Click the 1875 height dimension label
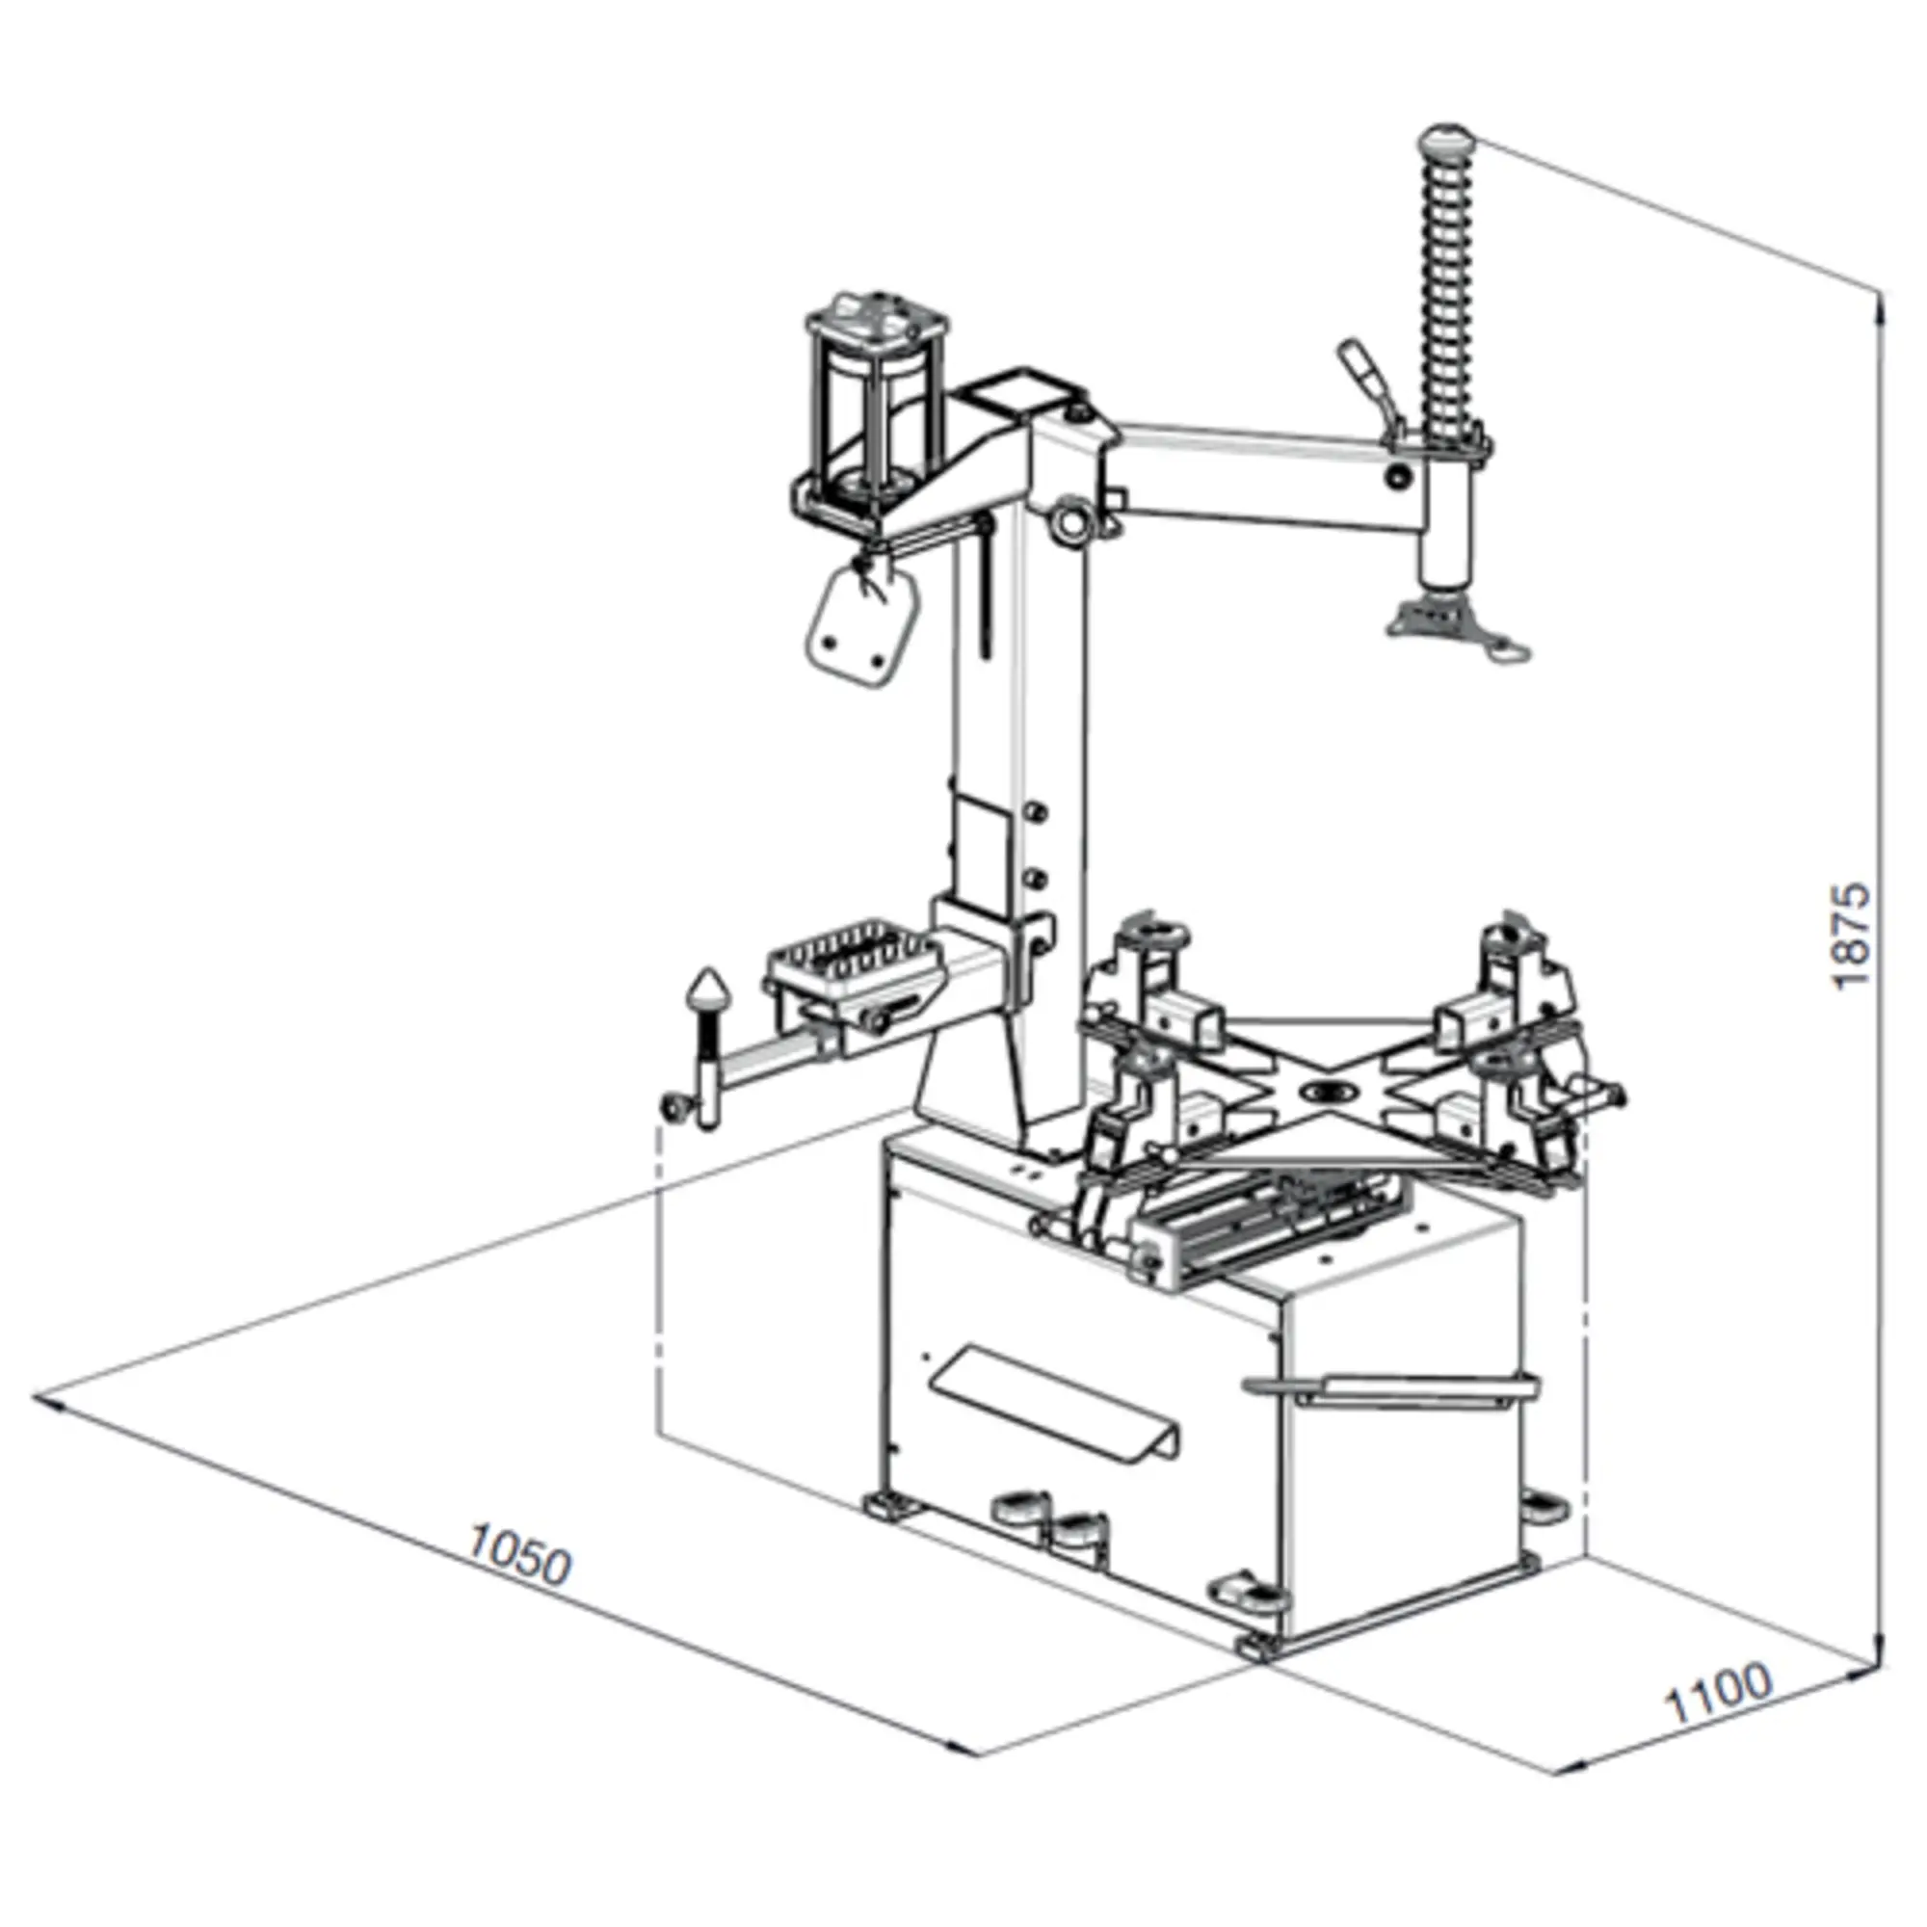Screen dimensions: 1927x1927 tap(1852, 935)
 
